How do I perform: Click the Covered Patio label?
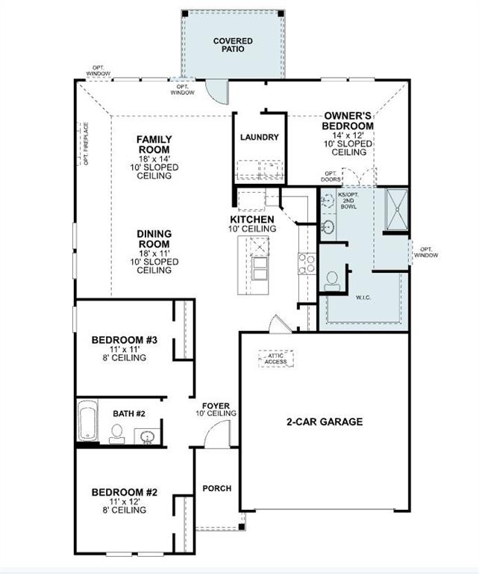233,45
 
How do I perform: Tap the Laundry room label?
259,138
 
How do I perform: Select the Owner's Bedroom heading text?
348,121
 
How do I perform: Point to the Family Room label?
154,144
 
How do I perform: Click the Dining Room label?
154,239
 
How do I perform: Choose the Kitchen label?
251,220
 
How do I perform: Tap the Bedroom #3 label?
124,341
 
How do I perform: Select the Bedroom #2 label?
124,493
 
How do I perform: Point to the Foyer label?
216,407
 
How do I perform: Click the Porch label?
216,488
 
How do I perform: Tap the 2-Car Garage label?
325,422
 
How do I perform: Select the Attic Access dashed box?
275,359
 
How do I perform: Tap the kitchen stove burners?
306,264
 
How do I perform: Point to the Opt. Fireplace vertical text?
87,144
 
